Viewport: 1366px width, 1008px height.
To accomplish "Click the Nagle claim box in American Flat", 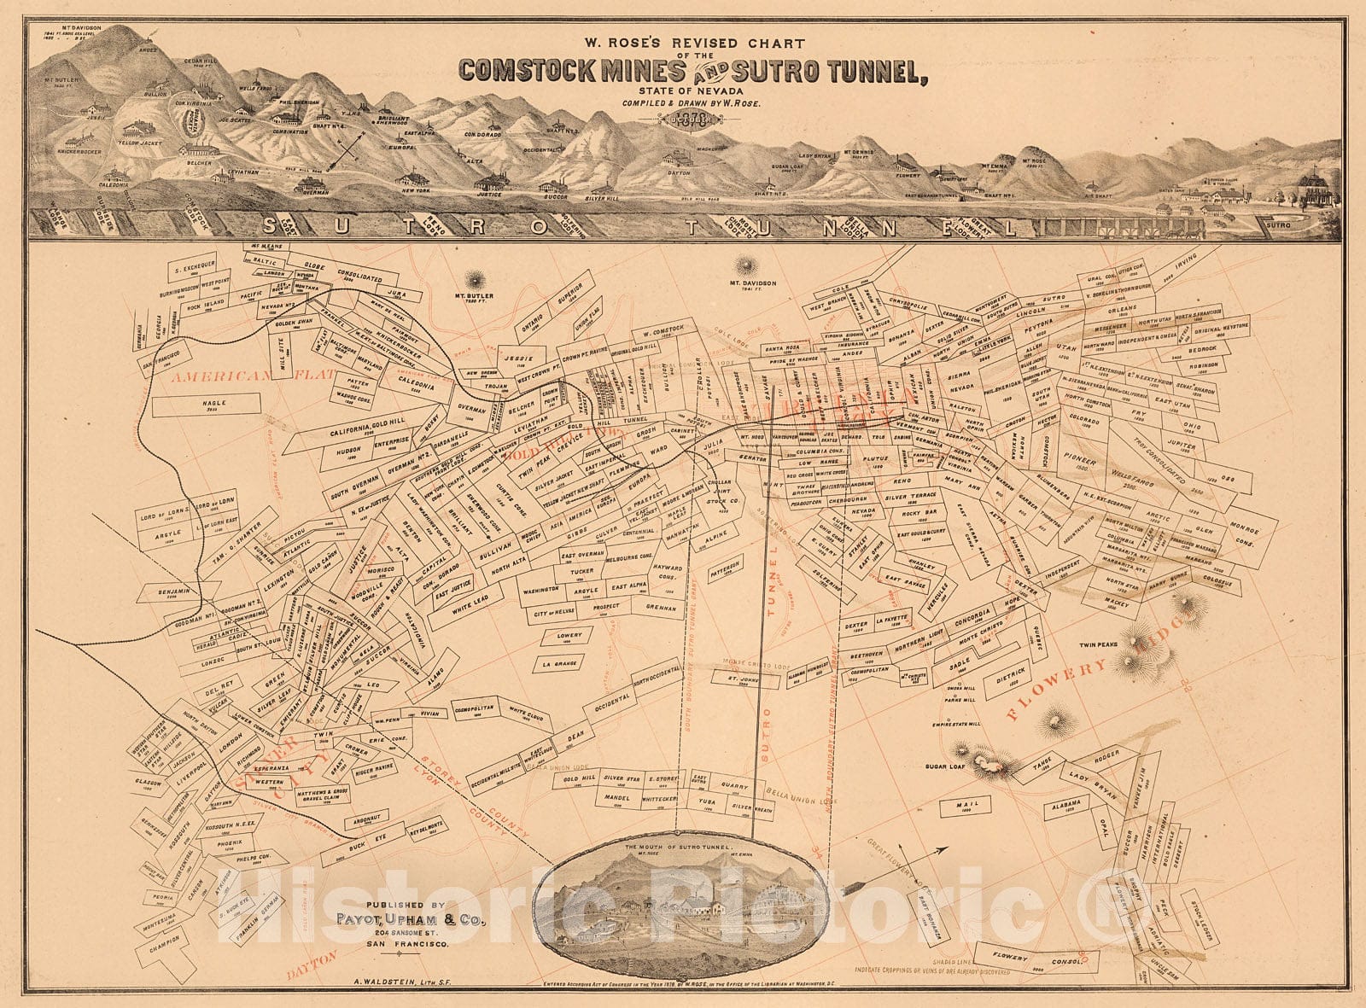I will [x=204, y=404].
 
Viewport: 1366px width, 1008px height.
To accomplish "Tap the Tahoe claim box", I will [x=1042, y=766].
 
